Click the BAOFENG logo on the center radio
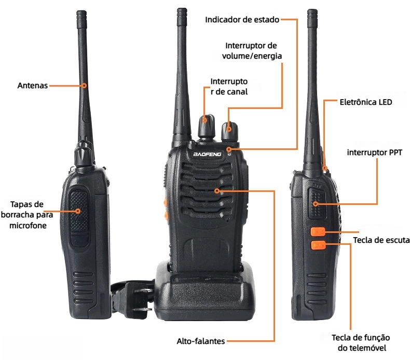coord(207,154)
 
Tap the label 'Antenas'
coord(33,86)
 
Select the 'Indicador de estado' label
coord(242,20)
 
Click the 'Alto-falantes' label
coord(200,341)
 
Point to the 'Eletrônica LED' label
coord(366,102)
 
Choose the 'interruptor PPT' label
coord(374,152)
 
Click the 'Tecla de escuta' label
coord(381,240)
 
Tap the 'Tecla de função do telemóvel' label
coord(361,342)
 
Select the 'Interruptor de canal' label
coord(229,87)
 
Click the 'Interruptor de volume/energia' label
coord(252,51)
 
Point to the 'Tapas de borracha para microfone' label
coord(27,215)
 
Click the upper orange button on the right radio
coord(318,232)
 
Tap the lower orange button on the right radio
coord(318,245)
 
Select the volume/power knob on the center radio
coord(229,132)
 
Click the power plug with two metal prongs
coord(133,299)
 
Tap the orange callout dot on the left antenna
coord(84,86)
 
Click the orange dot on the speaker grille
coord(217,190)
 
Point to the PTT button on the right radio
coord(317,203)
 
